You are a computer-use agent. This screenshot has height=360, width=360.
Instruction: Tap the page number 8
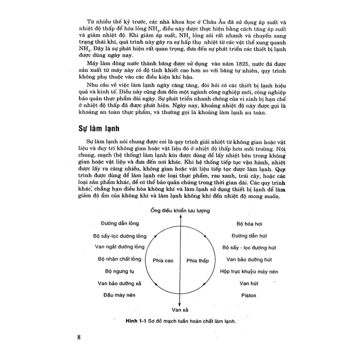point(79,337)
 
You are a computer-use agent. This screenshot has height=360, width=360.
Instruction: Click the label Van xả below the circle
point(180,310)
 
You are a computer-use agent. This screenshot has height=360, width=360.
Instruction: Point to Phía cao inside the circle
point(163,261)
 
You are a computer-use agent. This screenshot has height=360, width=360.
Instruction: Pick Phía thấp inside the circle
point(197,261)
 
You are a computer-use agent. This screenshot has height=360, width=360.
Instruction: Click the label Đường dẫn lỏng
point(120,223)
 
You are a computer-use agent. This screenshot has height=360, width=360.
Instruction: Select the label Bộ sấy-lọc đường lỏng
point(120,236)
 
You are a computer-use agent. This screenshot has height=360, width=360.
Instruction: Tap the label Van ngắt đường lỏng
point(120,246)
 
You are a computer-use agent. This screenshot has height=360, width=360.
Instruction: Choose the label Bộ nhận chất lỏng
point(120,259)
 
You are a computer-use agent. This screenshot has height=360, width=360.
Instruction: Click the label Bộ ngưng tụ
point(120,271)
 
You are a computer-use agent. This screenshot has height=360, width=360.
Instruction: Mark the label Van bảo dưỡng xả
point(120,283)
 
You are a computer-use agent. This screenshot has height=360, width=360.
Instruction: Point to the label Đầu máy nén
point(120,295)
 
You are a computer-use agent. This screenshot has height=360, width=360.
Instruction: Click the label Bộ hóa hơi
point(249,224)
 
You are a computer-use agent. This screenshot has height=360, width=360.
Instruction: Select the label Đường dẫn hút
point(249,236)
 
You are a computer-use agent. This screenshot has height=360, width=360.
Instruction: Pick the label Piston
point(249,295)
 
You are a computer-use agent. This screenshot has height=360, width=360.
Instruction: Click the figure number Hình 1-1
point(135,321)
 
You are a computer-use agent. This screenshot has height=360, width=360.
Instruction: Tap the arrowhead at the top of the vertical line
point(180,217)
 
